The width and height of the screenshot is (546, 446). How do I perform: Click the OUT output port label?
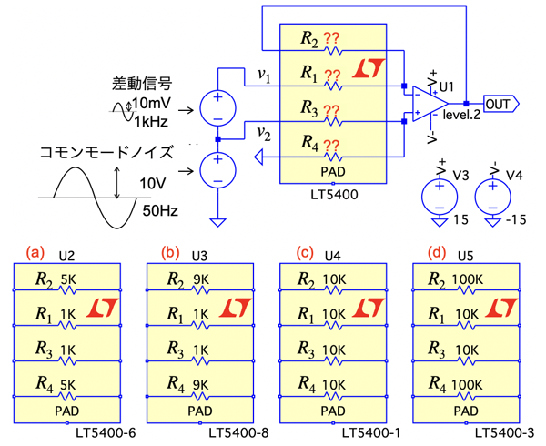click(x=499, y=103)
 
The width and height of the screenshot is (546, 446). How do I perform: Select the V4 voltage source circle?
click(x=499, y=196)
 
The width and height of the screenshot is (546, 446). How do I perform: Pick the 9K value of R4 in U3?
click(x=203, y=382)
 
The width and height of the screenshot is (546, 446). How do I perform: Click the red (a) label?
click(x=36, y=251)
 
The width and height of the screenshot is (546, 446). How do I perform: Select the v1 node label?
click(x=264, y=76)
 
